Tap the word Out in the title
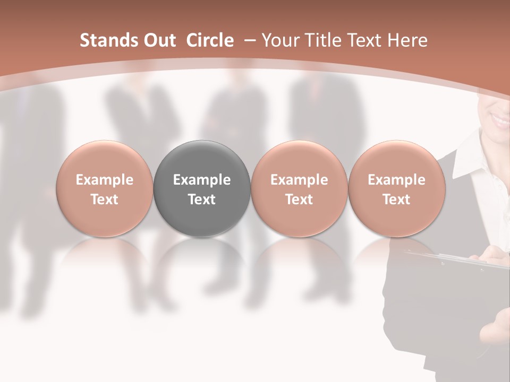154,40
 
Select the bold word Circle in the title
210,40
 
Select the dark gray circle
202,188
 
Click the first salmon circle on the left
105,188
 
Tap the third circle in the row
299,188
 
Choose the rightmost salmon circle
396,188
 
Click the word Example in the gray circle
202,180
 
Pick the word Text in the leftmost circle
105,199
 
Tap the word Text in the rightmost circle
396,199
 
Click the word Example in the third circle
299,180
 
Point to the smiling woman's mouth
499,119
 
